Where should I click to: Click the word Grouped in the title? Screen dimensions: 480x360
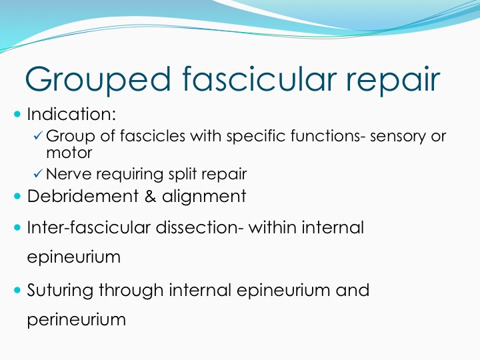pyautogui.click(x=98, y=79)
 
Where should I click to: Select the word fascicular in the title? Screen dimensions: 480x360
pyautogui.click(x=259, y=78)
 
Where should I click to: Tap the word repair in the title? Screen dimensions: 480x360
pyautogui.click(x=393, y=80)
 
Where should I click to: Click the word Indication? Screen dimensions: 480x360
pyautogui.click(x=71, y=114)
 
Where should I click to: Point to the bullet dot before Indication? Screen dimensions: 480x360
pyautogui.click(x=17, y=115)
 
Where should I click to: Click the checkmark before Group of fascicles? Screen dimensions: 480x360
pyautogui.click(x=37, y=135)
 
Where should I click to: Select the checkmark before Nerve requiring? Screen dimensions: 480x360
pyautogui.click(x=37, y=173)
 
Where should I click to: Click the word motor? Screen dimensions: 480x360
pyautogui.click(x=69, y=153)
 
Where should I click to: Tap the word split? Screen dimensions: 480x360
pyautogui.click(x=183, y=174)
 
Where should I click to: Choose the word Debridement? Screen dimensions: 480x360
pyautogui.click(x=83, y=196)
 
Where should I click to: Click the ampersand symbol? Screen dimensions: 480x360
pyautogui.click(x=150, y=196)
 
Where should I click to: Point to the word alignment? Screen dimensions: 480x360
pyautogui.click(x=204, y=197)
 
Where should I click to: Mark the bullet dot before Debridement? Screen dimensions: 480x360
pyautogui.click(x=17, y=196)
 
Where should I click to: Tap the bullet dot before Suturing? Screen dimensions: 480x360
pyautogui.click(x=17, y=290)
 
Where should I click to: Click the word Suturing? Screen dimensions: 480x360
pyautogui.click(x=60, y=291)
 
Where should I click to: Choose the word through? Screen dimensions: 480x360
pyautogui.click(x=131, y=291)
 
